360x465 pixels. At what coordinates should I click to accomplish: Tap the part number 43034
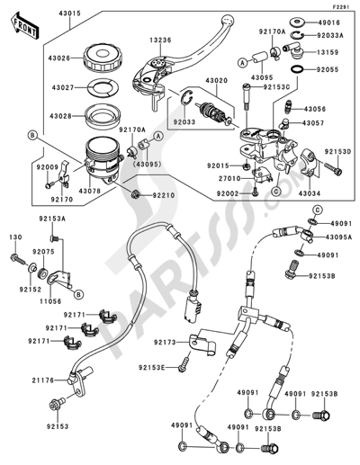point(307,192)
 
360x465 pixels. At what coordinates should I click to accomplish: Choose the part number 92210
point(163,193)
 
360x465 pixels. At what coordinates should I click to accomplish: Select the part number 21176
point(31,381)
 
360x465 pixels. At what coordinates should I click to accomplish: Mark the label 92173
point(164,343)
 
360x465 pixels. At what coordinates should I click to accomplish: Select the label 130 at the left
point(14,237)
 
